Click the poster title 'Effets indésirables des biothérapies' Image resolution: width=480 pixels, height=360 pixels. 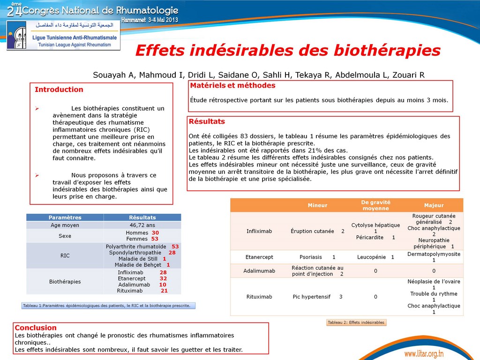click(x=288, y=51)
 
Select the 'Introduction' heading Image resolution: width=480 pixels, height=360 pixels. click(x=59, y=90)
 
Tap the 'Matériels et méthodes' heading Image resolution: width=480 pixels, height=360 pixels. click(x=232, y=86)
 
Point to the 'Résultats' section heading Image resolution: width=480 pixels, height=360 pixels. click(x=207, y=121)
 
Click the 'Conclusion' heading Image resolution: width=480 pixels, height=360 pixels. click(x=36, y=328)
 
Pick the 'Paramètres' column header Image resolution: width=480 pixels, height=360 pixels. click(x=65, y=217)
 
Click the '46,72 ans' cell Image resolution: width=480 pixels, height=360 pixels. click(x=142, y=225)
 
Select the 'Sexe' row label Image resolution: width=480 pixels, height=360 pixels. click(x=65, y=236)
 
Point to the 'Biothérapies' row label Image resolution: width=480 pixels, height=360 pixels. click(x=65, y=282)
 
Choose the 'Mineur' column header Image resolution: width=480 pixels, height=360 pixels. click(x=317, y=205)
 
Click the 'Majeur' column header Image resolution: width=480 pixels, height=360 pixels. click(x=434, y=205)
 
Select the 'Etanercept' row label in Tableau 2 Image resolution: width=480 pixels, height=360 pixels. click(x=259, y=257)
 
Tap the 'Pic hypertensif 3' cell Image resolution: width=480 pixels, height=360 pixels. click(x=317, y=297)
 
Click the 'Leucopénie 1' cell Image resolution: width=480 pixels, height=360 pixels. click(x=375, y=257)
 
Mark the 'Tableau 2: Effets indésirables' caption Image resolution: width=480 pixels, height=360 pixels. click(x=356, y=322)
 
